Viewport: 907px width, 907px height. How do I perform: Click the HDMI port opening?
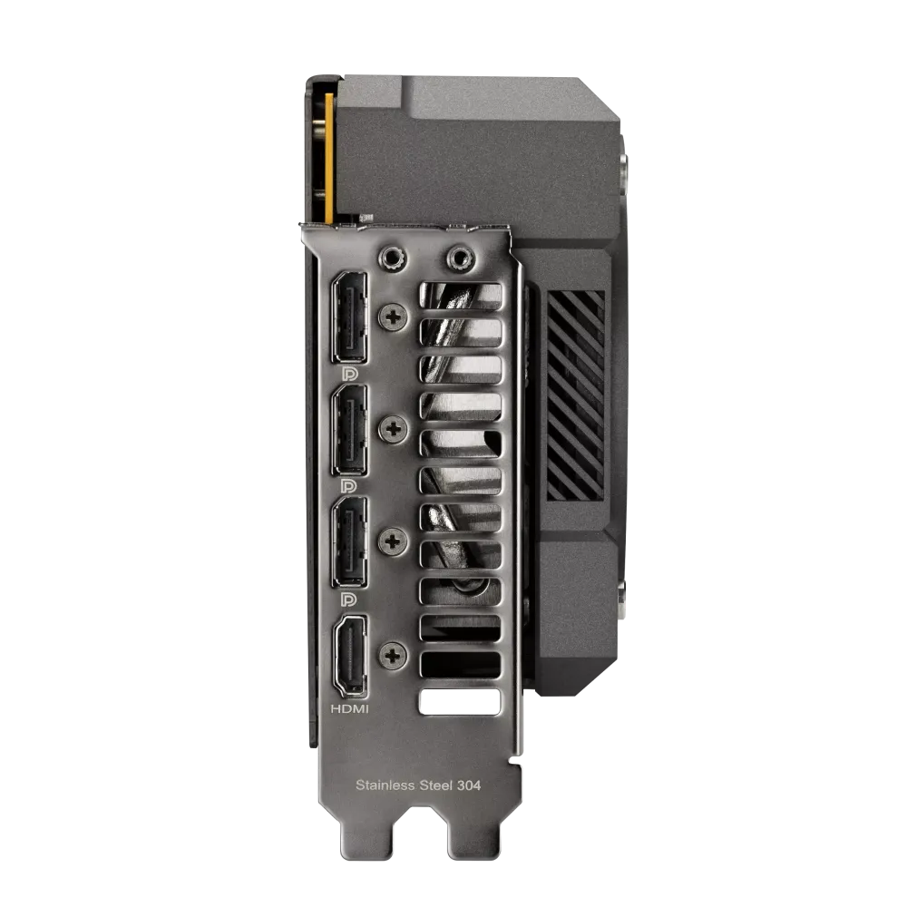(x=350, y=656)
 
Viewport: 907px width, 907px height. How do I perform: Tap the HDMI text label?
(x=349, y=708)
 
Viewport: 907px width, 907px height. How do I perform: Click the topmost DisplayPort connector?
(x=349, y=317)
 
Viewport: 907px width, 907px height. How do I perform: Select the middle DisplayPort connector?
(x=349, y=429)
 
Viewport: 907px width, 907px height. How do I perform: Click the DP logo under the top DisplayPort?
(x=349, y=374)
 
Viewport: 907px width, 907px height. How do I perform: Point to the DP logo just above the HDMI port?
(x=349, y=599)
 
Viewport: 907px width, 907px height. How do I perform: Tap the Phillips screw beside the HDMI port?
(x=393, y=656)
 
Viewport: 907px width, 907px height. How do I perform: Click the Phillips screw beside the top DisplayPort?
(x=393, y=317)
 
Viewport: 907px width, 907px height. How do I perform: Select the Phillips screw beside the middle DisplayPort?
(x=393, y=429)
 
